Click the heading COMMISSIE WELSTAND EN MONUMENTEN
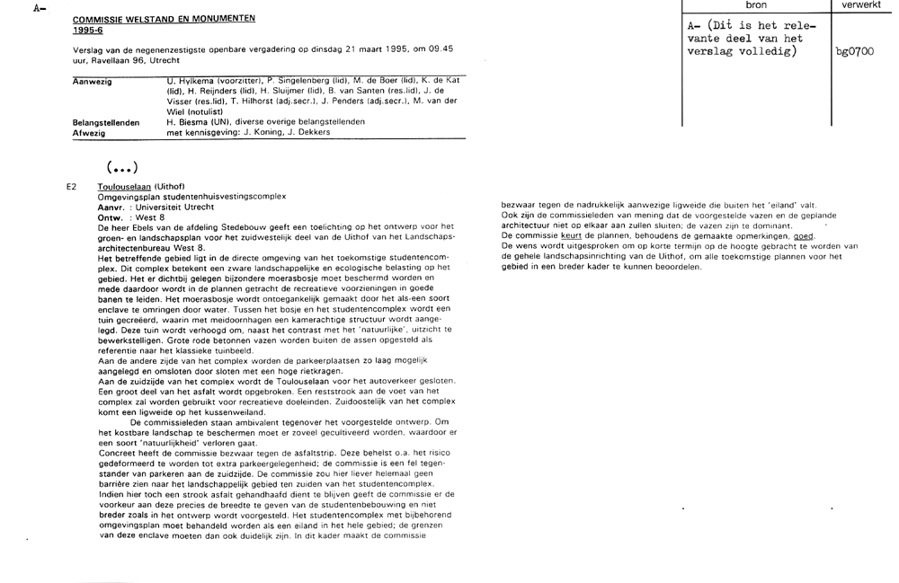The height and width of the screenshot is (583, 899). (164, 18)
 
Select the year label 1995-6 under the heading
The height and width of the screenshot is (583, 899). (87, 29)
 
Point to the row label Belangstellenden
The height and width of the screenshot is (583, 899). (105, 121)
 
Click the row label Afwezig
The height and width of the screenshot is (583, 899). (88, 132)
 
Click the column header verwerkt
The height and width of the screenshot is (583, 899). (862, 6)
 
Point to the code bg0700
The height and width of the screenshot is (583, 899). (854, 51)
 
